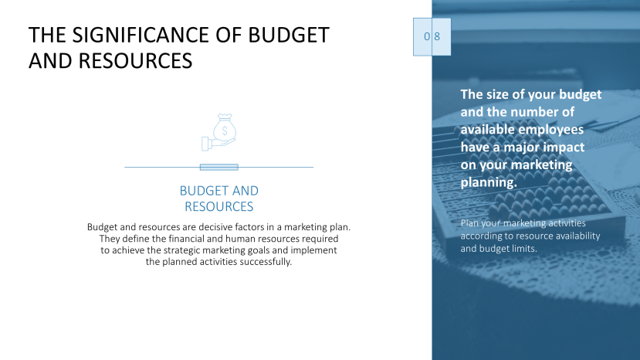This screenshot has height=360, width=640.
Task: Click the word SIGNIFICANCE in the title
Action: pyautogui.click(x=143, y=36)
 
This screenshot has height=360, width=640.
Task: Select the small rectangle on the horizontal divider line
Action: pyautogui.click(x=218, y=167)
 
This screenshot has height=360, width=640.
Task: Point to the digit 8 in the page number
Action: pyautogui.click(x=437, y=37)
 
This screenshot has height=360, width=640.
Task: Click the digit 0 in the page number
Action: pyautogui.click(x=426, y=37)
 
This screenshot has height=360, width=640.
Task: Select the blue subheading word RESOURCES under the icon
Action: pyautogui.click(x=218, y=207)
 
